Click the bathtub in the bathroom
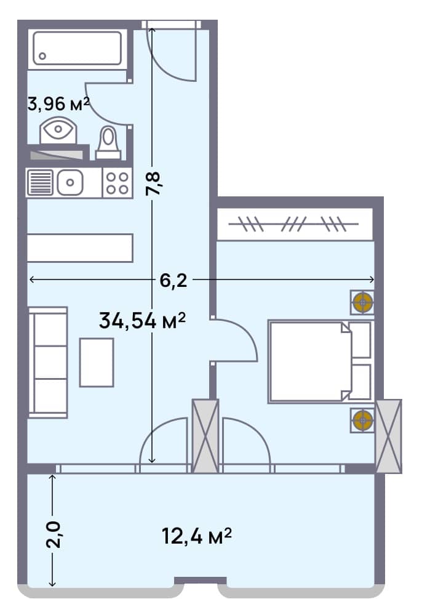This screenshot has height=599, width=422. coord(78,47)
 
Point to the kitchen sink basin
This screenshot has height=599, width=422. coord(70,182)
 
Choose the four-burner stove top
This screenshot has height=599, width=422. coord(116,182)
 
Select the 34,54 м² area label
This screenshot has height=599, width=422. coord(142,321)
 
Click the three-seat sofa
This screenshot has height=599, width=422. coord(48,362)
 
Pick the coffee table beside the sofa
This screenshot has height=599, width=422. coord(97,362)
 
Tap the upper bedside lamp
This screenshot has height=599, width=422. coord(362,302)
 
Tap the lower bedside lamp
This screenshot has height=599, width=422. coord(362,420)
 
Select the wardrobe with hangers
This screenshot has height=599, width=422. coord(295,225)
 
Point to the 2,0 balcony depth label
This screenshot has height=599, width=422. coord(55,534)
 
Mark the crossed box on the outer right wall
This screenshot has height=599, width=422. coord(388,436)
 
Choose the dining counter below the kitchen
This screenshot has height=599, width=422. coord(80,247)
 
